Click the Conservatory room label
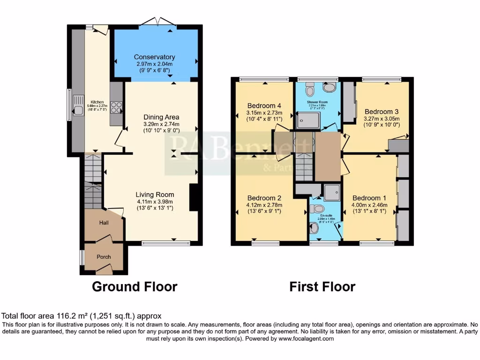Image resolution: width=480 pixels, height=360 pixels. pyautogui.click(x=154, y=57)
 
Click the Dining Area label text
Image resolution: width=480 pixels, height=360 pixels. pyautogui.click(x=161, y=117)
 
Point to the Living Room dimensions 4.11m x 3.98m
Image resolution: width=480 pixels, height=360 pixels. pyautogui.click(x=155, y=202)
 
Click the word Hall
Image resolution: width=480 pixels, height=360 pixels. pyautogui.click(x=104, y=223)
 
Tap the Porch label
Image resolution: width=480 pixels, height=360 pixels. pyautogui.click(x=104, y=257)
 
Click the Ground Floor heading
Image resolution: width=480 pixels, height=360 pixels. pyautogui.click(x=135, y=286)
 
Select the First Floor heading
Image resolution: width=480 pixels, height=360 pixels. pyautogui.click(x=322, y=286)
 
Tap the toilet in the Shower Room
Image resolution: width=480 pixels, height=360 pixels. pyautogui.click(x=310, y=88)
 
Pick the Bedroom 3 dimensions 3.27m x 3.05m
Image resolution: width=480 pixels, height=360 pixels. pyautogui.click(x=382, y=119)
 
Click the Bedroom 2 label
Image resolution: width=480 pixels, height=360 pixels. pyautogui.click(x=264, y=197)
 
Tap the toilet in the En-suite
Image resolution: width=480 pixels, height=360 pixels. pyautogui.click(x=320, y=208)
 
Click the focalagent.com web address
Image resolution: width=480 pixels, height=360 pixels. pyautogui.click(x=307, y=338)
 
